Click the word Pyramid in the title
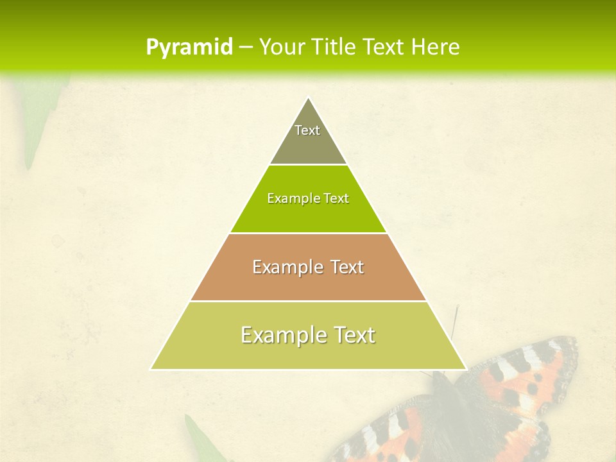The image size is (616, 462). point(189,47)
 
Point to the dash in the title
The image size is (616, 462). point(246,47)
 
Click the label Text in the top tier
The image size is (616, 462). point(307,130)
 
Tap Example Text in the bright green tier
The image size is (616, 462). point(308,198)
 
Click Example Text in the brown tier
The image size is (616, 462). point(308,267)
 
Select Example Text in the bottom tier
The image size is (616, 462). point(308,335)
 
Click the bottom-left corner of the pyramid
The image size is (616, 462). point(152,368)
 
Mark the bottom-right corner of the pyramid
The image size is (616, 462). point(465,368)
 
